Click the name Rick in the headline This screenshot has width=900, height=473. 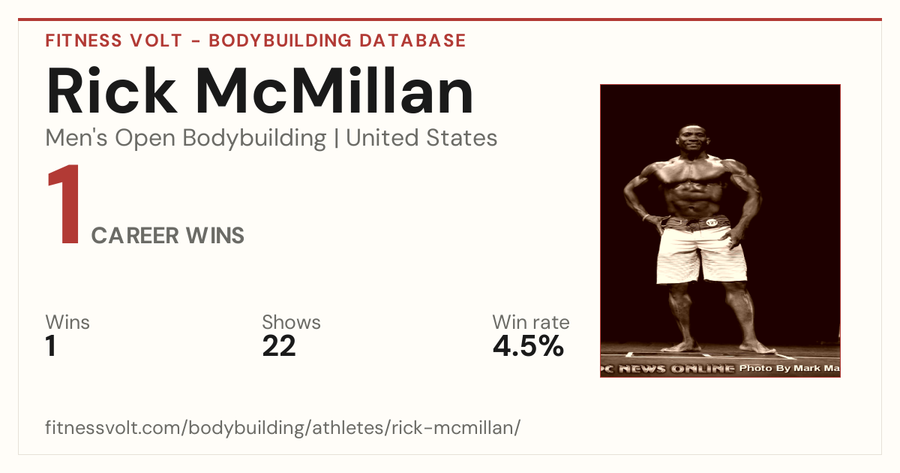tap(111, 91)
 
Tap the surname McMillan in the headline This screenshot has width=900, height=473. tap(334, 91)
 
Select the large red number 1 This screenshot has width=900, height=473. tap(64, 203)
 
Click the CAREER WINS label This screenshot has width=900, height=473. tap(167, 236)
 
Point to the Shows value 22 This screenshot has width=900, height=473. tap(279, 346)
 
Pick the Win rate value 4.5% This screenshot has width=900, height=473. tap(528, 346)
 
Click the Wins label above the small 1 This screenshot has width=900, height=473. tap(67, 322)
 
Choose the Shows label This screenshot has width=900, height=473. tap(291, 322)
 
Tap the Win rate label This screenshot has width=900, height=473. tap(531, 322)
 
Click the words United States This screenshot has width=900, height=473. tap(421, 138)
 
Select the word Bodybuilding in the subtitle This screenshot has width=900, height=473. tap(254, 139)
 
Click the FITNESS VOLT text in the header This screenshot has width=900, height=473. tap(114, 41)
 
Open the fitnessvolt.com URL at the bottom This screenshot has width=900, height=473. tap(283, 427)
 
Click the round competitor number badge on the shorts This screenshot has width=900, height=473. tap(712, 222)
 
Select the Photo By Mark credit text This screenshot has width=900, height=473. tap(789, 368)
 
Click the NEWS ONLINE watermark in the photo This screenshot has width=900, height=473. tap(676, 369)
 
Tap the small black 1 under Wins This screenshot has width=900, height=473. tap(51, 346)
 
